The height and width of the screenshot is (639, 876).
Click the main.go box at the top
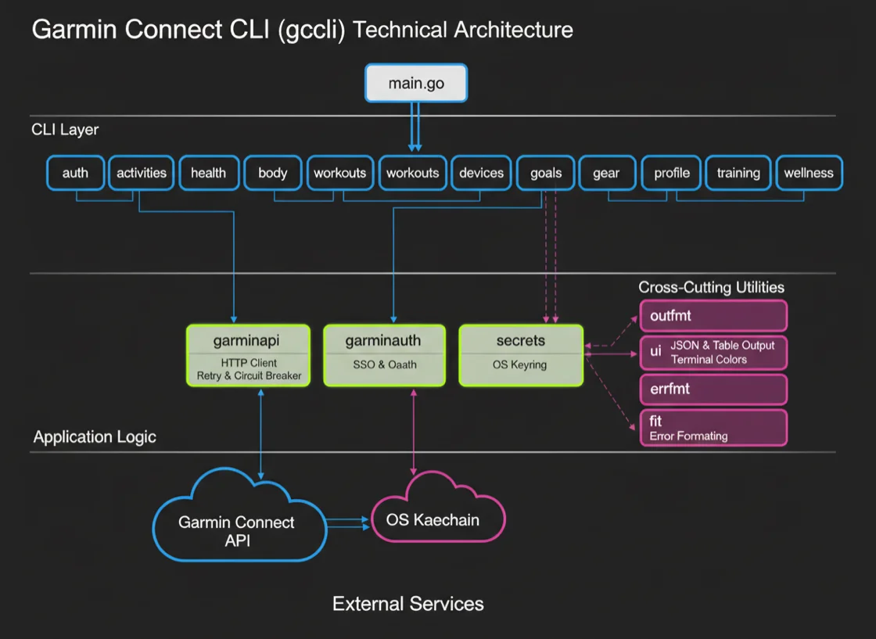coord(415,83)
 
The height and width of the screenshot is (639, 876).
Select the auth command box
coord(75,173)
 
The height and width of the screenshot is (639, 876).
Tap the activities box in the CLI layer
coord(141,173)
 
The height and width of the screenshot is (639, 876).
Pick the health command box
coord(208,173)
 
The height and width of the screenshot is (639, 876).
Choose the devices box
coord(481,173)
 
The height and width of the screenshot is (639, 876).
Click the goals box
coord(545,173)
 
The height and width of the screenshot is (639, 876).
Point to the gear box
coord(606,173)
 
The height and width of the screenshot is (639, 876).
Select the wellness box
coord(808,173)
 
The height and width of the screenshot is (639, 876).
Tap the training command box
coord(738,173)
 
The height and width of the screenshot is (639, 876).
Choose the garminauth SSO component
coord(383,355)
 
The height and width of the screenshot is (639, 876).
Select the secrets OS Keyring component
coord(520,355)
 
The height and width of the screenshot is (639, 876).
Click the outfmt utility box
coord(713,317)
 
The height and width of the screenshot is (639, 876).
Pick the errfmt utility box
coord(713,388)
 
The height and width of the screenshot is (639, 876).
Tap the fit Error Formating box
coord(713,428)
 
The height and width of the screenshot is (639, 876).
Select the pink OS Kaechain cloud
coord(433,519)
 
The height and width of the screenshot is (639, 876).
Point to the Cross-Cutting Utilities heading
coord(711,287)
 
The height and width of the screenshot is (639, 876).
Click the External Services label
coord(407,604)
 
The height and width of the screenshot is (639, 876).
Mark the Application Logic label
coord(95,436)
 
